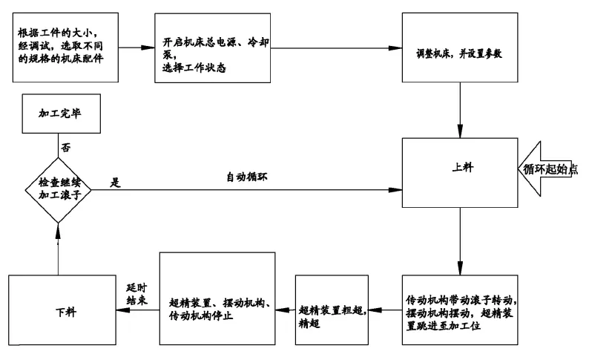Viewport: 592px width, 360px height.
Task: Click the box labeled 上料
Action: (x=460, y=173)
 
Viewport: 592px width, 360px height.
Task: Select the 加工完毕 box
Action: (x=61, y=114)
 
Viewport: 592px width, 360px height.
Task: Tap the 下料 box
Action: (x=62, y=310)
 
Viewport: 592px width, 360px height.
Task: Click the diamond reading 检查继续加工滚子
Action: (x=58, y=190)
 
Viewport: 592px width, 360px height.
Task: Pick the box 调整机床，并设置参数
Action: (x=460, y=48)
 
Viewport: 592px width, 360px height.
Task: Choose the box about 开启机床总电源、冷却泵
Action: (x=213, y=48)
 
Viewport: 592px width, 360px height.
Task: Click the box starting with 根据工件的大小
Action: (x=65, y=48)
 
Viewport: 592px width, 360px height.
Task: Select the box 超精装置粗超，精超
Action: (x=332, y=310)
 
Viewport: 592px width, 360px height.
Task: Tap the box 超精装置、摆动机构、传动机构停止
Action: (x=217, y=298)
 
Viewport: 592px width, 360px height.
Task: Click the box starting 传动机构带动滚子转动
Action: (x=460, y=310)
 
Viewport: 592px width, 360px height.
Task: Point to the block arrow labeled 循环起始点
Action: (x=547, y=168)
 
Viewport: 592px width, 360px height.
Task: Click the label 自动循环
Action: (x=247, y=177)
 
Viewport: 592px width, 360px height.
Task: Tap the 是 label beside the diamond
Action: (x=115, y=183)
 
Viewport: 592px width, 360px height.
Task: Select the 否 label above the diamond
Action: (x=66, y=147)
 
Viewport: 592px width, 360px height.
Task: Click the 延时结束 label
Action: (x=137, y=294)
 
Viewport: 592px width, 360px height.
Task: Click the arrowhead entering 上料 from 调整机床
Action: (x=460, y=131)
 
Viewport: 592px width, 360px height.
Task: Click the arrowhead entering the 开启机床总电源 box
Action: (x=148, y=48)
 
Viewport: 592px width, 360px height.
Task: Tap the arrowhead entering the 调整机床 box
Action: (x=395, y=48)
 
